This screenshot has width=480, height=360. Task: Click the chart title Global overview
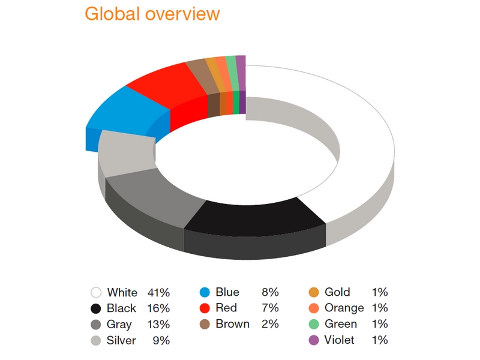152,14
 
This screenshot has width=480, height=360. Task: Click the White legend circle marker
96,292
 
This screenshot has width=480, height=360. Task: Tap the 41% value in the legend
158,292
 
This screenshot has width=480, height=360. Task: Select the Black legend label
121,308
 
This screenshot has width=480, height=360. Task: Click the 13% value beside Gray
158,324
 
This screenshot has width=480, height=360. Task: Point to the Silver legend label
121,340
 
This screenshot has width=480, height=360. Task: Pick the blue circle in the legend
205,292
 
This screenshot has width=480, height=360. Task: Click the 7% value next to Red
270,308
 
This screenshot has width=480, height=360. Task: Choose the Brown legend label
233,324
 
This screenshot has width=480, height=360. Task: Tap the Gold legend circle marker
314,292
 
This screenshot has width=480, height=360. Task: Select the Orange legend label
344,308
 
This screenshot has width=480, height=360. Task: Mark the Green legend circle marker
314,324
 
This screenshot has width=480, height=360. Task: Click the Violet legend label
340,340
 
